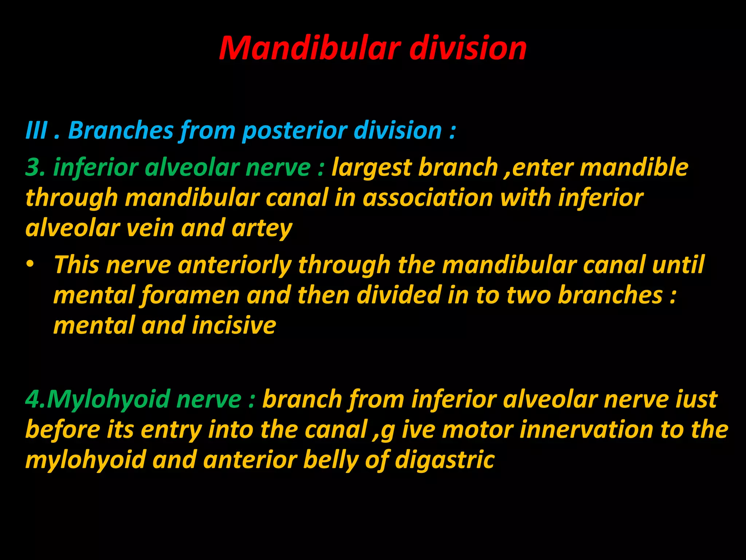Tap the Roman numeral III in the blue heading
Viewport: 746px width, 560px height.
pos(36,130)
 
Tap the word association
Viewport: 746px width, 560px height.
pos(428,198)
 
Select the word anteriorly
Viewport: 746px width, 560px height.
pos(235,265)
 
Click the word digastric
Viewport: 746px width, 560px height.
pos(444,460)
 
